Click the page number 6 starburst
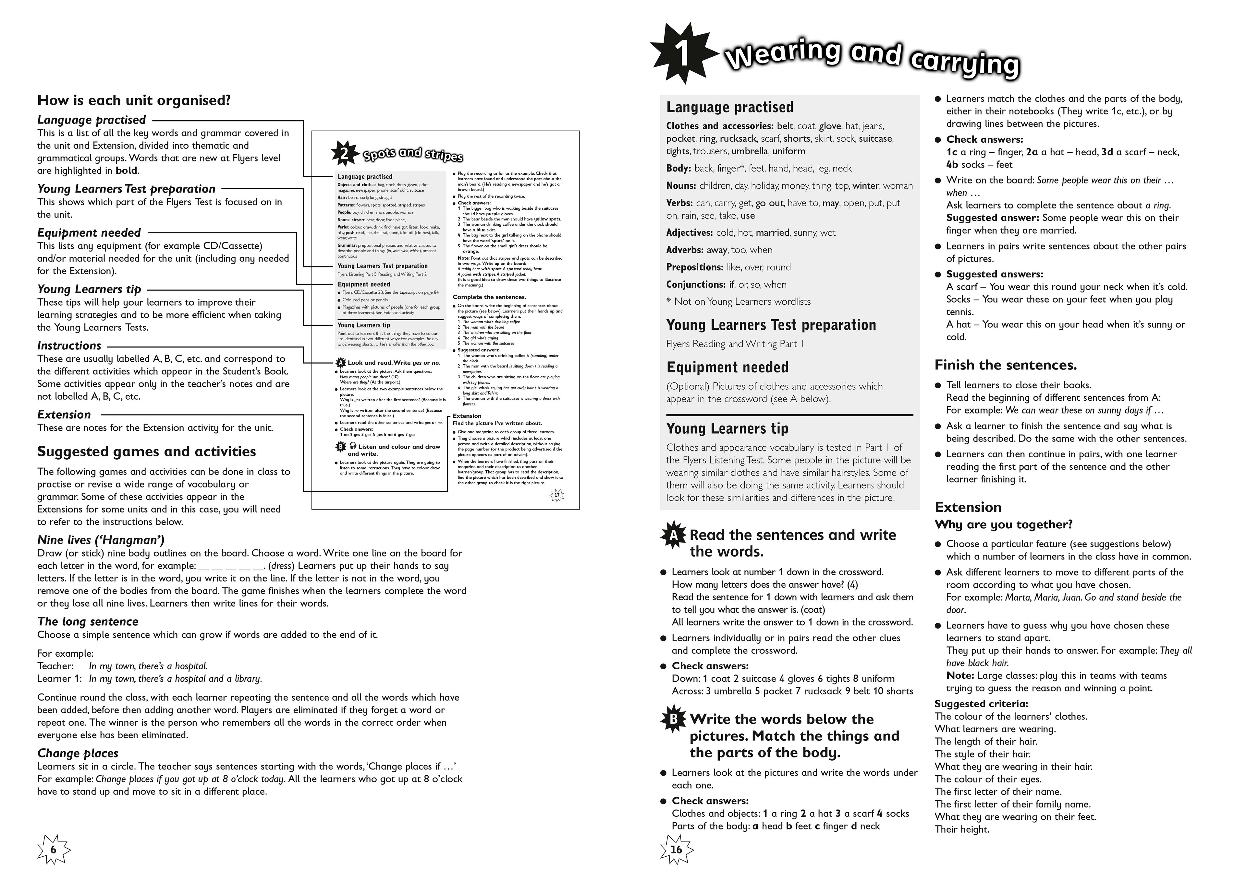tap(54, 850)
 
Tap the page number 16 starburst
tap(676, 849)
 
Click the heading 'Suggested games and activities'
tap(147, 452)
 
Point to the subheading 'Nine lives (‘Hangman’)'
tap(101, 540)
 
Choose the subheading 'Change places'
tap(78, 753)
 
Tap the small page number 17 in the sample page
tap(557, 495)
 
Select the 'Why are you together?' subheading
tap(1003, 525)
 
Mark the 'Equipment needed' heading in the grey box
tap(727, 368)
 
